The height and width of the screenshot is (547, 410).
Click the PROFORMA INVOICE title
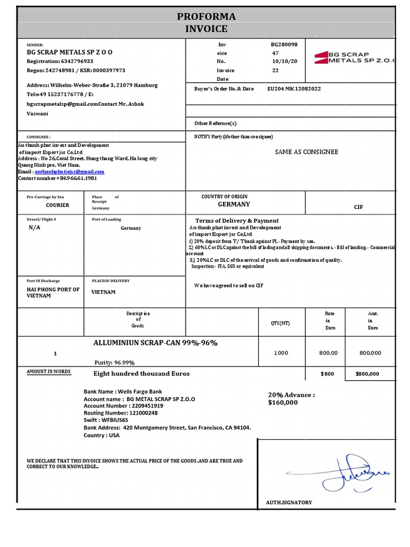pyautogui.click(x=206, y=22)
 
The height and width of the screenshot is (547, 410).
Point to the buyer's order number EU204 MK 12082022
pyautogui.click(x=294, y=89)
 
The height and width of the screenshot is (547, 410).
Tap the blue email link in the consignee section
pyautogui.click(x=69, y=172)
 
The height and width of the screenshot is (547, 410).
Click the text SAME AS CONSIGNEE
pyautogui.click(x=306, y=152)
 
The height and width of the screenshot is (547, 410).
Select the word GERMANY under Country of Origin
pyautogui.click(x=233, y=204)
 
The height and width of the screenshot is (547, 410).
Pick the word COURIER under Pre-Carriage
pyautogui.click(x=57, y=205)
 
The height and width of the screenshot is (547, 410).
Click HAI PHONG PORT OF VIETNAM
pyautogui.click(x=53, y=292)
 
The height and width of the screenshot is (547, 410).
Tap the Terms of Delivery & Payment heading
pyautogui.click(x=236, y=221)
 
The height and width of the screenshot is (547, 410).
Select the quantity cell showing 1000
pyautogui.click(x=281, y=353)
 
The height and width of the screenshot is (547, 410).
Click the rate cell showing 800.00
pyautogui.click(x=328, y=353)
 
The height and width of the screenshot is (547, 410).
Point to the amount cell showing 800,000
pyautogui.click(x=370, y=353)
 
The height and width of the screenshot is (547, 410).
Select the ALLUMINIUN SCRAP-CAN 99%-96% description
pyautogui.click(x=155, y=342)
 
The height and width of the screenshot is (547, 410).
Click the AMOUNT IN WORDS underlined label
pyautogui.click(x=49, y=371)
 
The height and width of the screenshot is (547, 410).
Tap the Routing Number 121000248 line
pyautogui.click(x=121, y=413)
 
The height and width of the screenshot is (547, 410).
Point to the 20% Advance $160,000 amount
pyautogui.click(x=291, y=398)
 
